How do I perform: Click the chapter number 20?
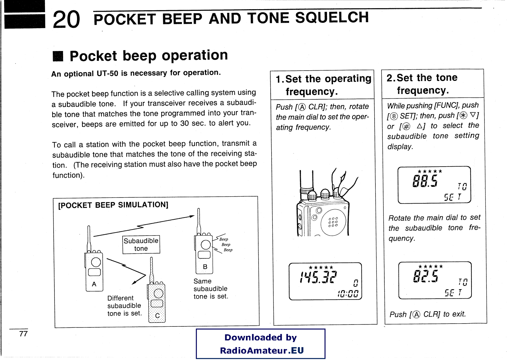point(66,20)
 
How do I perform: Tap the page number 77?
point(23,334)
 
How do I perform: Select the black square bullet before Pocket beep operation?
point(58,56)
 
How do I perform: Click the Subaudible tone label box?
point(141,244)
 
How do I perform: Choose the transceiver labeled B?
point(204,253)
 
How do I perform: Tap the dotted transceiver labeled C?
point(157,302)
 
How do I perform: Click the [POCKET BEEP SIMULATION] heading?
point(113,205)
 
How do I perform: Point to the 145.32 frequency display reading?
point(318,277)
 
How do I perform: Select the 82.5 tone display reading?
point(426,276)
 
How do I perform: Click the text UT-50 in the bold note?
point(108,73)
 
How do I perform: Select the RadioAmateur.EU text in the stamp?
point(262,351)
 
